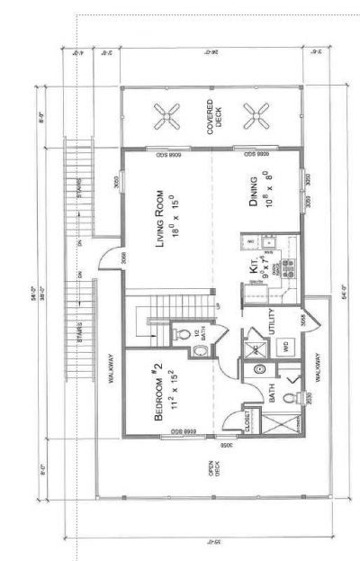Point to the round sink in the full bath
(x=261, y=369)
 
